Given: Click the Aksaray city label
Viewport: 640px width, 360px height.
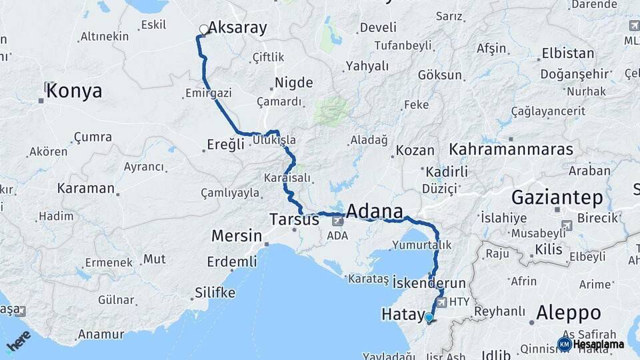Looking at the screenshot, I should [x=237, y=28].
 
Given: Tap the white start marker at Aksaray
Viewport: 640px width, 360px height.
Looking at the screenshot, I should [x=203, y=29].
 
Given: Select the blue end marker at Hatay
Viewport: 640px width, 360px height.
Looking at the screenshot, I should [x=429, y=318].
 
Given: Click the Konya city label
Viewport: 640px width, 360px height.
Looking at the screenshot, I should [x=74, y=91].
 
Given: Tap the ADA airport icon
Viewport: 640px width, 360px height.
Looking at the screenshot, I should [x=338, y=220].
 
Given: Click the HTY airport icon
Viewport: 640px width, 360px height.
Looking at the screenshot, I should [x=441, y=302].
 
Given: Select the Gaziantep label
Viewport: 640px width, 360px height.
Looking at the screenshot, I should [x=557, y=197].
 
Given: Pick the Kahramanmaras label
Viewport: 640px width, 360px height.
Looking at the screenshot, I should [x=511, y=149].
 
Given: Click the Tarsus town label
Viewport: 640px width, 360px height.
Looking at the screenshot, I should [x=294, y=219].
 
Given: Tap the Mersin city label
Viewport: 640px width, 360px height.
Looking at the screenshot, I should [x=236, y=235].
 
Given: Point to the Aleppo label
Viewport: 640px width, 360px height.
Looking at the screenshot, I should [x=568, y=313].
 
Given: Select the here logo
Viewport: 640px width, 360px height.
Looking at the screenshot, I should [x=19, y=341].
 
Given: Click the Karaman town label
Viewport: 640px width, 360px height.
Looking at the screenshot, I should [x=85, y=188].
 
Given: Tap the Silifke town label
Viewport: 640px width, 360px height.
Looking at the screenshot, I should [x=215, y=293].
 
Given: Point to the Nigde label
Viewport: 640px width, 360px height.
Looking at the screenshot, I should [x=294, y=83].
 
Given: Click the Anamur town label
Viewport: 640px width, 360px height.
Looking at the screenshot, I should [x=101, y=334].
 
